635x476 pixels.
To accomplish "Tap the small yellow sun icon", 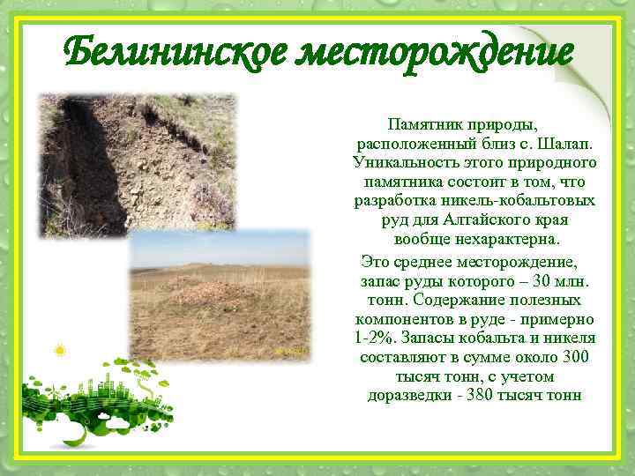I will [60, 351].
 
